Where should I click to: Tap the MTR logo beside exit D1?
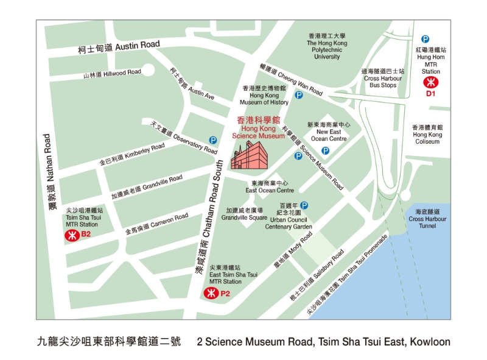tap(431, 81)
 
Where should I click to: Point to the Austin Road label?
tap(119, 46)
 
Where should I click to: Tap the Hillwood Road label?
tap(113, 74)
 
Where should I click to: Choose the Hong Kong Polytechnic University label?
tap(327, 46)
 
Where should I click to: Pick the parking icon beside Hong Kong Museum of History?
tap(298, 95)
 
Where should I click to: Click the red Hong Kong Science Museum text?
tap(259, 129)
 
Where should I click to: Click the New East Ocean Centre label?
tap(329, 132)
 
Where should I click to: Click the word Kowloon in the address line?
tap(431, 342)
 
